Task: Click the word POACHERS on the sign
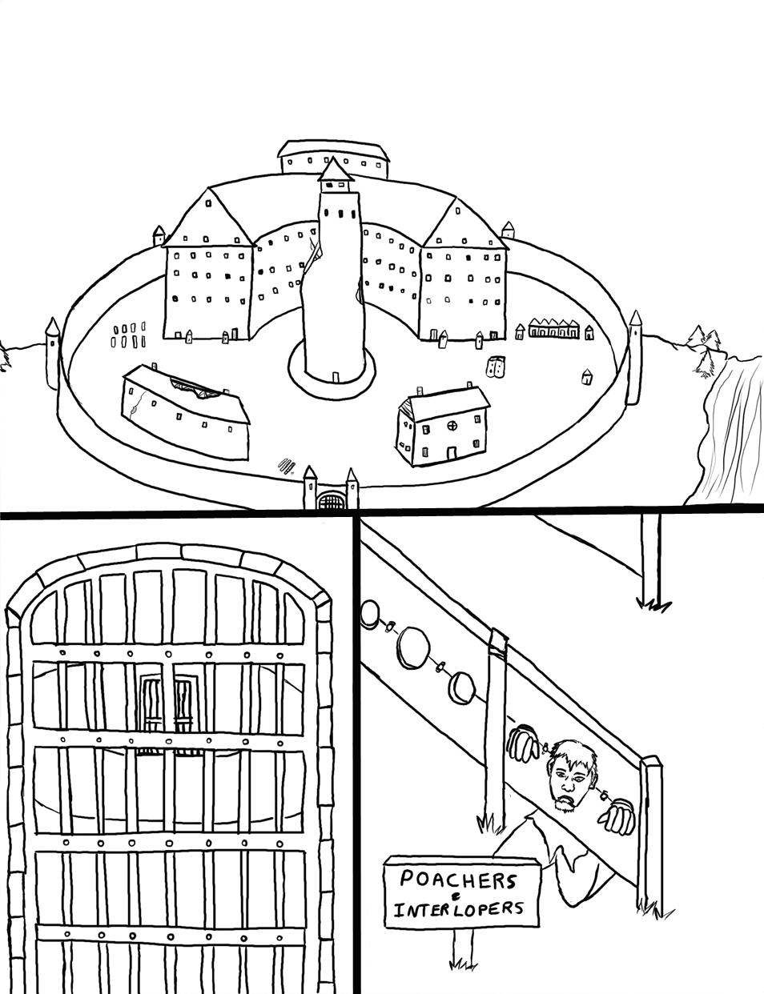click(457, 881)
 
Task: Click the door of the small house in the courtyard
click(452, 452)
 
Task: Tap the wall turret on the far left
click(53, 352)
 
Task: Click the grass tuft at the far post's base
click(655, 604)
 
